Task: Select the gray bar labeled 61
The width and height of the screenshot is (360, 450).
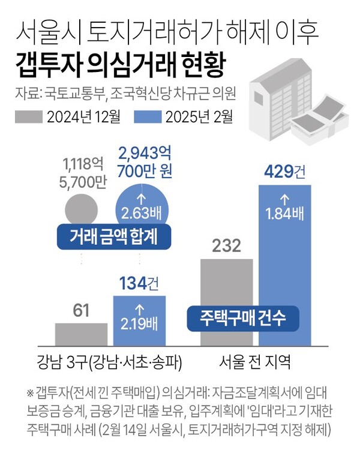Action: [80, 335]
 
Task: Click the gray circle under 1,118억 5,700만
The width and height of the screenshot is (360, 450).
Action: [80, 209]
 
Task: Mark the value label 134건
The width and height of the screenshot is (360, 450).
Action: [139, 283]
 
